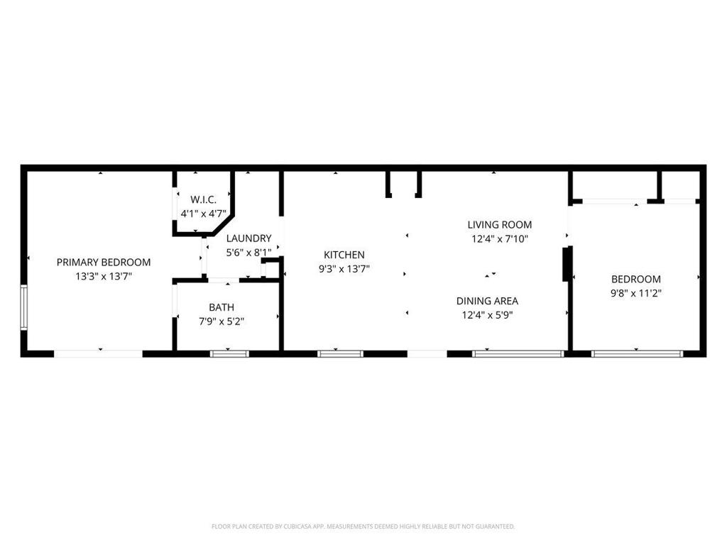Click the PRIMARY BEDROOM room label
104,263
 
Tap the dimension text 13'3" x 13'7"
104,276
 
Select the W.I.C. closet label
203,199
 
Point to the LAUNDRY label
248,238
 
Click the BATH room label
222,307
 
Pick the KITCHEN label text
344,255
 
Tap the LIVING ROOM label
499,225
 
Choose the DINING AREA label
487,301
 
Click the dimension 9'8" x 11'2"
636,293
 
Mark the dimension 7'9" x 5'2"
222,321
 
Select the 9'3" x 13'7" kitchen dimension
344,269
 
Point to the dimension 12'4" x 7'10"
500,238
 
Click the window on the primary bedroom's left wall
23,307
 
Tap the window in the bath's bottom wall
229,353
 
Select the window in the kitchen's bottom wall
340,353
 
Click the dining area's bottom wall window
518,353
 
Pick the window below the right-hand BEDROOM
637,353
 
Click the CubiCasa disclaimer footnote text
363,527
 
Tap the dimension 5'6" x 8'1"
248,253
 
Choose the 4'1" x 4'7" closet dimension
203,214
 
